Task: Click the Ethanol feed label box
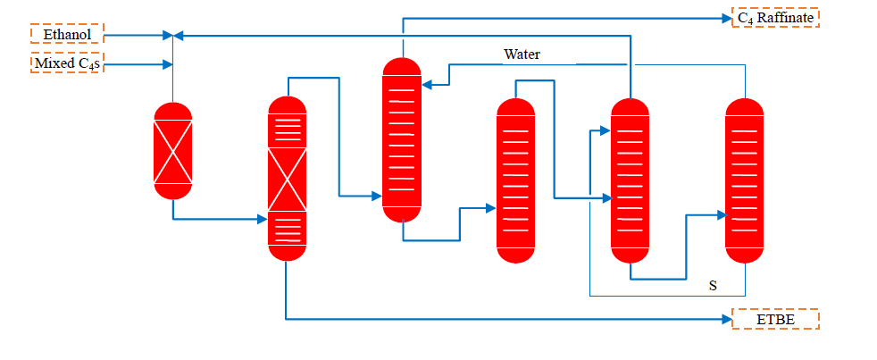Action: [67, 34]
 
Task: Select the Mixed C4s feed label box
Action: [67, 63]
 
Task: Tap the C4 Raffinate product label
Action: [775, 17]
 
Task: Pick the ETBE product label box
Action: [775, 319]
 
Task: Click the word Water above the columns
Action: [522, 54]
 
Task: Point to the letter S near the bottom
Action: [713, 286]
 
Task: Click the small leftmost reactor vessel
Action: [172, 149]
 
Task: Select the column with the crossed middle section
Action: [288, 179]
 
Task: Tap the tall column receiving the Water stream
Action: [402, 139]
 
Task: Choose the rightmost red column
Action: [745, 180]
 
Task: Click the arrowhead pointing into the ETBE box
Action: [725, 319]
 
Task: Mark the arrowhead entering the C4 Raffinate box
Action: [725, 17]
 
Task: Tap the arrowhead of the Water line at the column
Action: [427, 85]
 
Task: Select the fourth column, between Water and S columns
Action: [516, 180]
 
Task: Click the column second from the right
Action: [631, 180]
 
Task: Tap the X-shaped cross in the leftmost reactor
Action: [172, 150]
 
